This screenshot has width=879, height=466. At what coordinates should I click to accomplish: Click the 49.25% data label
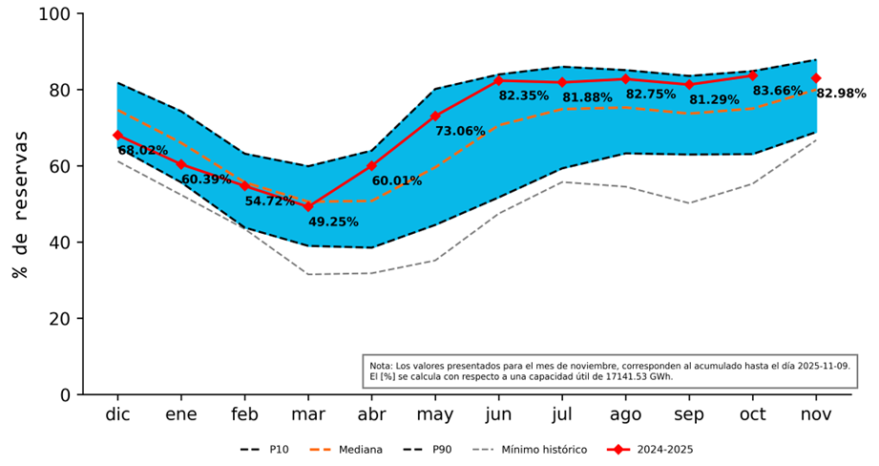(x=333, y=222)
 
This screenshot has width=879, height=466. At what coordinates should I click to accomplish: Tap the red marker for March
(x=308, y=206)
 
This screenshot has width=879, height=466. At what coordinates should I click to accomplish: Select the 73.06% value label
(x=460, y=132)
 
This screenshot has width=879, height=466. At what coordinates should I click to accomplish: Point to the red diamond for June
(x=499, y=80)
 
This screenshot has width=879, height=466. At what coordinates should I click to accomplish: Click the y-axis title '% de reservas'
(x=20, y=204)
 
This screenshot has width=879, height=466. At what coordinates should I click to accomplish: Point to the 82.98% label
(x=841, y=94)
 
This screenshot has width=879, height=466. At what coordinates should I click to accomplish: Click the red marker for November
(x=816, y=78)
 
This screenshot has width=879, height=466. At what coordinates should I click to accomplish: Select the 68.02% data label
(x=142, y=151)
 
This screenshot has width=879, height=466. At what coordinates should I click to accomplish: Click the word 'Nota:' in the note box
(x=381, y=366)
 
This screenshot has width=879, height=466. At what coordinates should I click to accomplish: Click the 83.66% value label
(x=778, y=92)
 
